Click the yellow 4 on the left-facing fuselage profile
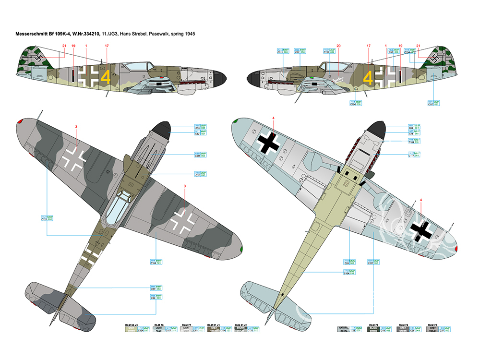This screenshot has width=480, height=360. tap(369, 77)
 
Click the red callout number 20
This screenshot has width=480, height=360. tap(338, 46)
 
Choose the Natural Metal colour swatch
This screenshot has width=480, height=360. tap(344, 330)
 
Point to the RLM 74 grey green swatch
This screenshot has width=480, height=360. tap(402, 330)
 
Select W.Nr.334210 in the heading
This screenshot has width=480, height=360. tap(85, 35)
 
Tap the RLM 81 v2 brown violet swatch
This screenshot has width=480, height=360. tap(241, 330)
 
